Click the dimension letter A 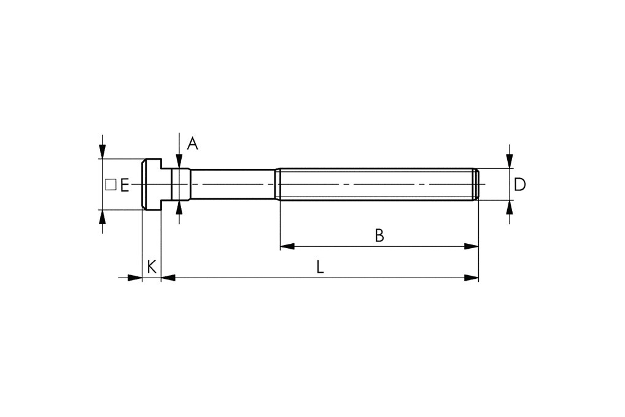click(x=192, y=144)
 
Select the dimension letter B click(x=379, y=235)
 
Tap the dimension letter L click(x=320, y=267)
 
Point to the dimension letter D click(x=519, y=184)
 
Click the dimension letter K click(x=152, y=267)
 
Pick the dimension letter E click(x=124, y=185)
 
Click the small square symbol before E click(x=111, y=184)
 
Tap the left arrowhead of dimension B click(x=287, y=246)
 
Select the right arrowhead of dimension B click(x=471, y=246)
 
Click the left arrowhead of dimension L click(x=168, y=278)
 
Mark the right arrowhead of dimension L click(x=471, y=278)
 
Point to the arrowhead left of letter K click(x=135, y=278)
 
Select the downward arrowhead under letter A click(x=178, y=162)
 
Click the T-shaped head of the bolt click(x=152, y=184)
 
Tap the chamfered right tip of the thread click(x=476, y=184)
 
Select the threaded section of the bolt click(x=375, y=184)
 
